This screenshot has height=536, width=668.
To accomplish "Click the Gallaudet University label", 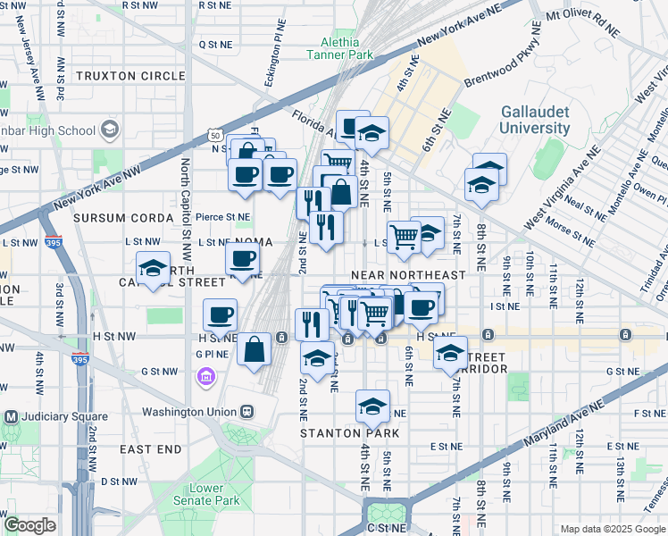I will pos(535,120).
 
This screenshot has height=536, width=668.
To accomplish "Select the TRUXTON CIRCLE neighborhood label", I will pos(130,76).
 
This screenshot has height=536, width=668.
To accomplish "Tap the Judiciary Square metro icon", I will pos(13,416).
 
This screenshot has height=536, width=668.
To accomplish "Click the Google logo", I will pos(29,525).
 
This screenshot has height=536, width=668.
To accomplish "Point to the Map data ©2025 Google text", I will pos(612,529).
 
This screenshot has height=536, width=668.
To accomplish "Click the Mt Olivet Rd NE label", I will pos(581,22).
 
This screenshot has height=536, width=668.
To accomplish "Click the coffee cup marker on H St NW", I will pos(220,314).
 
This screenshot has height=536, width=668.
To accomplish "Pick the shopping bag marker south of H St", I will pos(255,349).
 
